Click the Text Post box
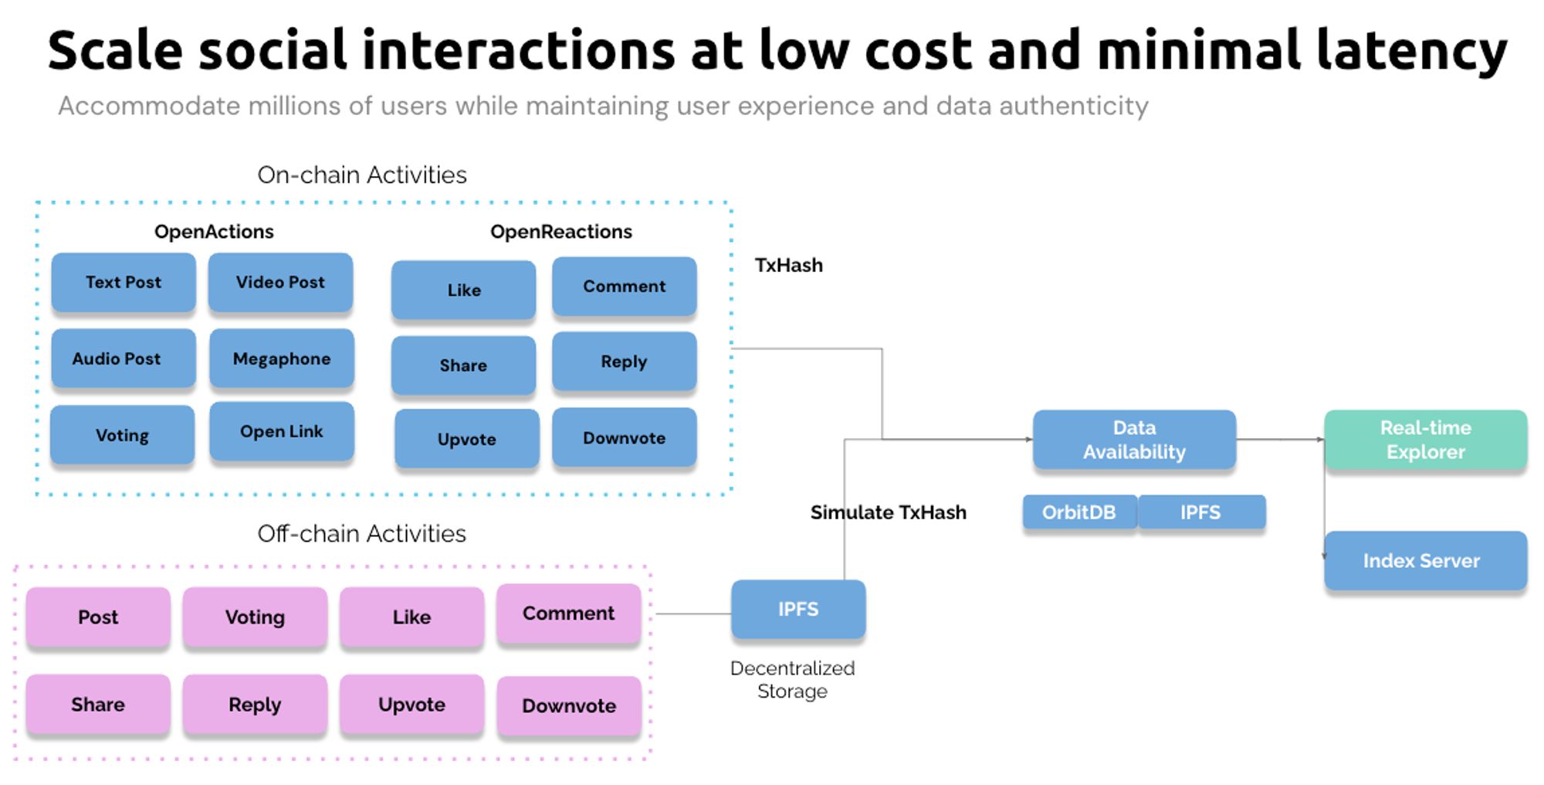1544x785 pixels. coord(124,282)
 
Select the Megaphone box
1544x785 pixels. coord(282,359)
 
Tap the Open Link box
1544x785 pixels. coord(282,431)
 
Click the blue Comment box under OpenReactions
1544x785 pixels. coord(624,286)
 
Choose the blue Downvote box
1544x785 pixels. coord(624,438)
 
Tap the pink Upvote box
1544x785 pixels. coord(411,704)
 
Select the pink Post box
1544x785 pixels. coord(98,617)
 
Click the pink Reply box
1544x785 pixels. coord(255,704)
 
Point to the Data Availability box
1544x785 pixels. coord(1134,440)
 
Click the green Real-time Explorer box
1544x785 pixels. coord(1425,440)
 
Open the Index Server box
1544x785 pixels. coord(1425,560)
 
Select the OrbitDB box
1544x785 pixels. coord(1079,512)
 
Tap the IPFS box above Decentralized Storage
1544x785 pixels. coord(798,610)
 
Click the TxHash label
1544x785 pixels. coord(788,265)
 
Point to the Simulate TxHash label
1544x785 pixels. coord(888,512)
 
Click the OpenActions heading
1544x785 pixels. coord(214,232)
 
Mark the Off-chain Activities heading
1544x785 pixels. coord(361,533)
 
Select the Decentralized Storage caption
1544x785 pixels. coord(792,679)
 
